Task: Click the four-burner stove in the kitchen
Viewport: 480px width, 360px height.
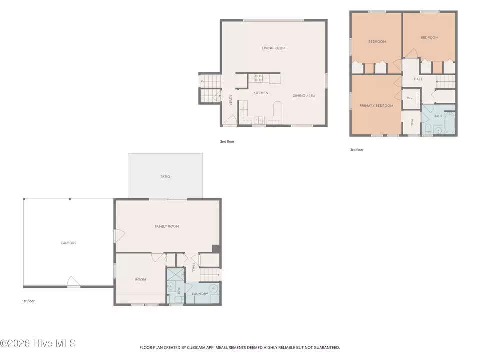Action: pyautogui.click(x=258, y=78)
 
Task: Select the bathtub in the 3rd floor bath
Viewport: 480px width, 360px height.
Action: pyautogui.click(x=449, y=123)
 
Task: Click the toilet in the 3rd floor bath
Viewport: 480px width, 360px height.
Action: pyautogui.click(x=428, y=129)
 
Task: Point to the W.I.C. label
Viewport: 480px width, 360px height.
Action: pyautogui.click(x=410, y=98)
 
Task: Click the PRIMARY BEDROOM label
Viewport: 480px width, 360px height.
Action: pyautogui.click(x=376, y=106)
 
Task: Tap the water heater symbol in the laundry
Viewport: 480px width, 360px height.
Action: pyautogui.click(x=213, y=288)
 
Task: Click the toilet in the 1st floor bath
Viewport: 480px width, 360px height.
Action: pyautogui.click(x=178, y=299)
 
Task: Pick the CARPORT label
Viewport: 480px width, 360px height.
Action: pyautogui.click(x=68, y=243)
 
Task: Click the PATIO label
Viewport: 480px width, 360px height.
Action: pyautogui.click(x=165, y=177)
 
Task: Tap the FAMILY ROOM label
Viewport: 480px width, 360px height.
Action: pyautogui.click(x=167, y=226)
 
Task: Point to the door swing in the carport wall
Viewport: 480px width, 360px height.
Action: pyautogui.click(x=74, y=281)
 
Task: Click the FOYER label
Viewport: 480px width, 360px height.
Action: pyautogui.click(x=230, y=100)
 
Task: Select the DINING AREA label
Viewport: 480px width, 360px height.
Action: pyautogui.click(x=304, y=96)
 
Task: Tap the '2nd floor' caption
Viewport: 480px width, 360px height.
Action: pyautogui.click(x=227, y=141)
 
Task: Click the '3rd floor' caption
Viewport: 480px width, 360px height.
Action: pyautogui.click(x=357, y=150)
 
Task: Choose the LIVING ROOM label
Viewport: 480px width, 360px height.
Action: pyautogui.click(x=273, y=48)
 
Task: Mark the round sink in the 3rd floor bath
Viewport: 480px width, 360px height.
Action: pyautogui.click(x=438, y=130)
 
